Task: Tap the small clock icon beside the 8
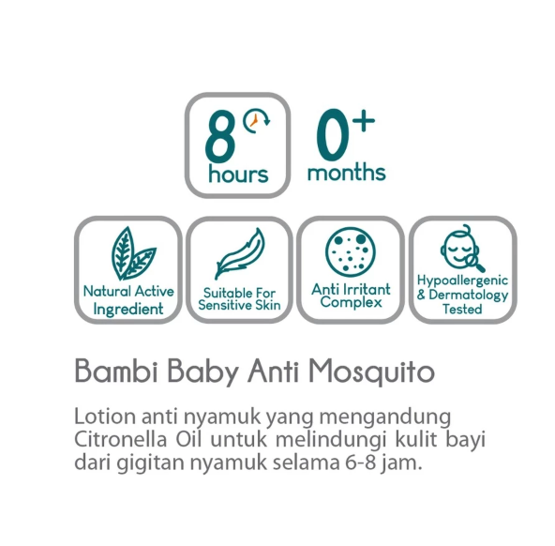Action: (255, 121)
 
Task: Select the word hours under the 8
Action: (238, 174)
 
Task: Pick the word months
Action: (346, 173)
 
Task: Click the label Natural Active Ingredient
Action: (128, 299)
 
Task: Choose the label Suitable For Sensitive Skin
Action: (241, 298)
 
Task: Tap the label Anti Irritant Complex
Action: (351, 296)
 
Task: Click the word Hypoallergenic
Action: (462, 281)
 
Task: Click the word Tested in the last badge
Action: (462, 309)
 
